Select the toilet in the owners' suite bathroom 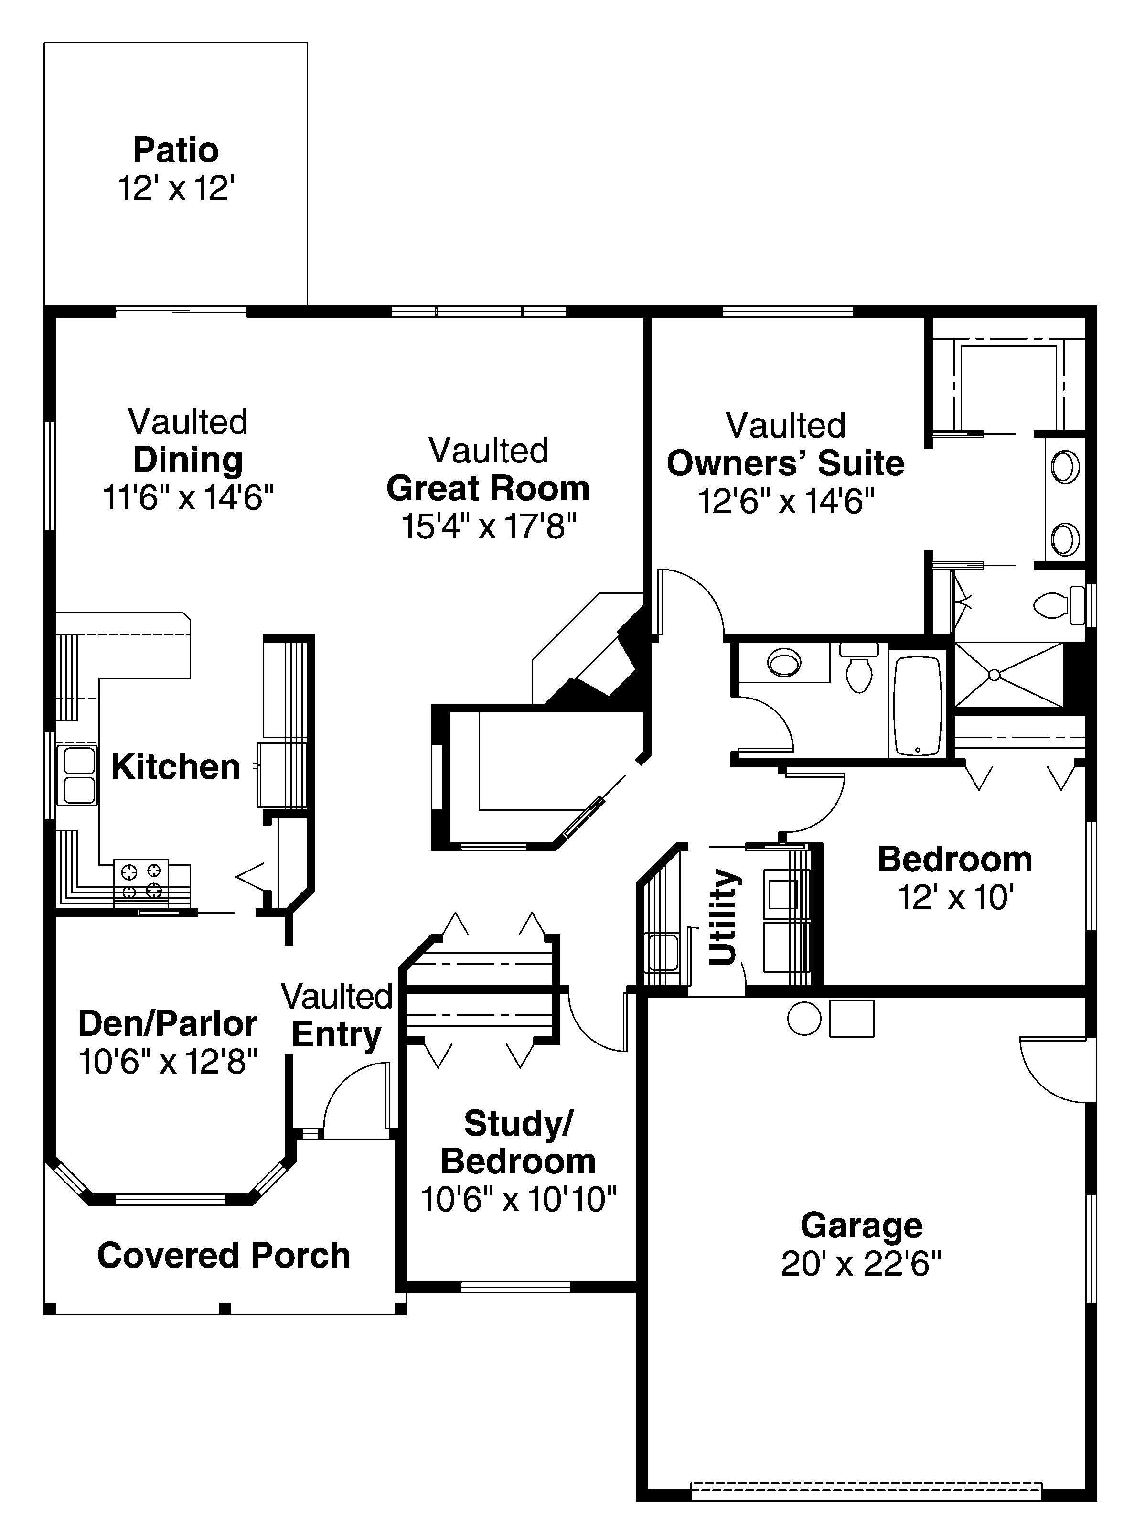tap(1055, 605)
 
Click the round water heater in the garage tap(804, 1019)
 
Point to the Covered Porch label tap(224, 1256)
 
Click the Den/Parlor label tap(167, 1024)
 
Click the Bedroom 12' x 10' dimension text tap(955, 897)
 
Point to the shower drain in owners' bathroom tap(994, 675)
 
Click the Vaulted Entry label tap(336, 1016)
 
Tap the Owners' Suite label tap(785, 464)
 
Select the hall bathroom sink tap(784, 662)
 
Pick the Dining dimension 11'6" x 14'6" tap(188, 497)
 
